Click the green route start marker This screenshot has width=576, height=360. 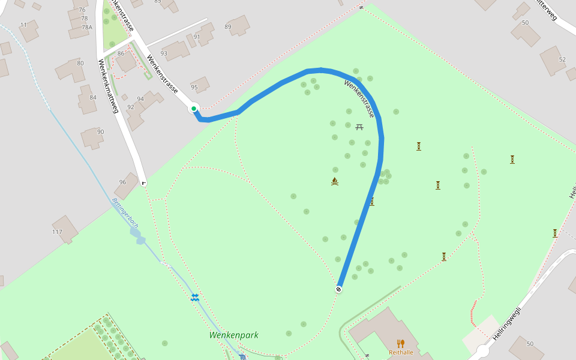pyautogui.click(x=194, y=109)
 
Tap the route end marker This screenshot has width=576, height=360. pyautogui.click(x=339, y=289)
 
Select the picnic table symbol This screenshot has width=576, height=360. pyautogui.click(x=359, y=127)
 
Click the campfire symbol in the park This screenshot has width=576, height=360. pyautogui.click(x=335, y=181)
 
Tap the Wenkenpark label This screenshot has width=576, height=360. pyautogui.click(x=234, y=335)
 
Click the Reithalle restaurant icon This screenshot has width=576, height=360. pyautogui.click(x=401, y=344)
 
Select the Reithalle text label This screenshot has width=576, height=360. pyautogui.click(x=401, y=352)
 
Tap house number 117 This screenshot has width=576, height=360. pyautogui.click(x=58, y=232)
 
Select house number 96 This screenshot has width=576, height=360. pyautogui.click(x=122, y=182)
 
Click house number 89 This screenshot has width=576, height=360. pyautogui.click(x=228, y=26)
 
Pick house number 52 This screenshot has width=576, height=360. pyautogui.click(x=562, y=59)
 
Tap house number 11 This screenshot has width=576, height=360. pyautogui.click(x=23, y=25)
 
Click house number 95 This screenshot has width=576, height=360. pyautogui.click(x=194, y=87)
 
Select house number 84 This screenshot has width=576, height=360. pyautogui.click(x=93, y=97)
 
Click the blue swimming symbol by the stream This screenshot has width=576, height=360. pyautogui.click(x=195, y=297)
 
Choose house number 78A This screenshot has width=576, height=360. pyautogui.click(x=87, y=27)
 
